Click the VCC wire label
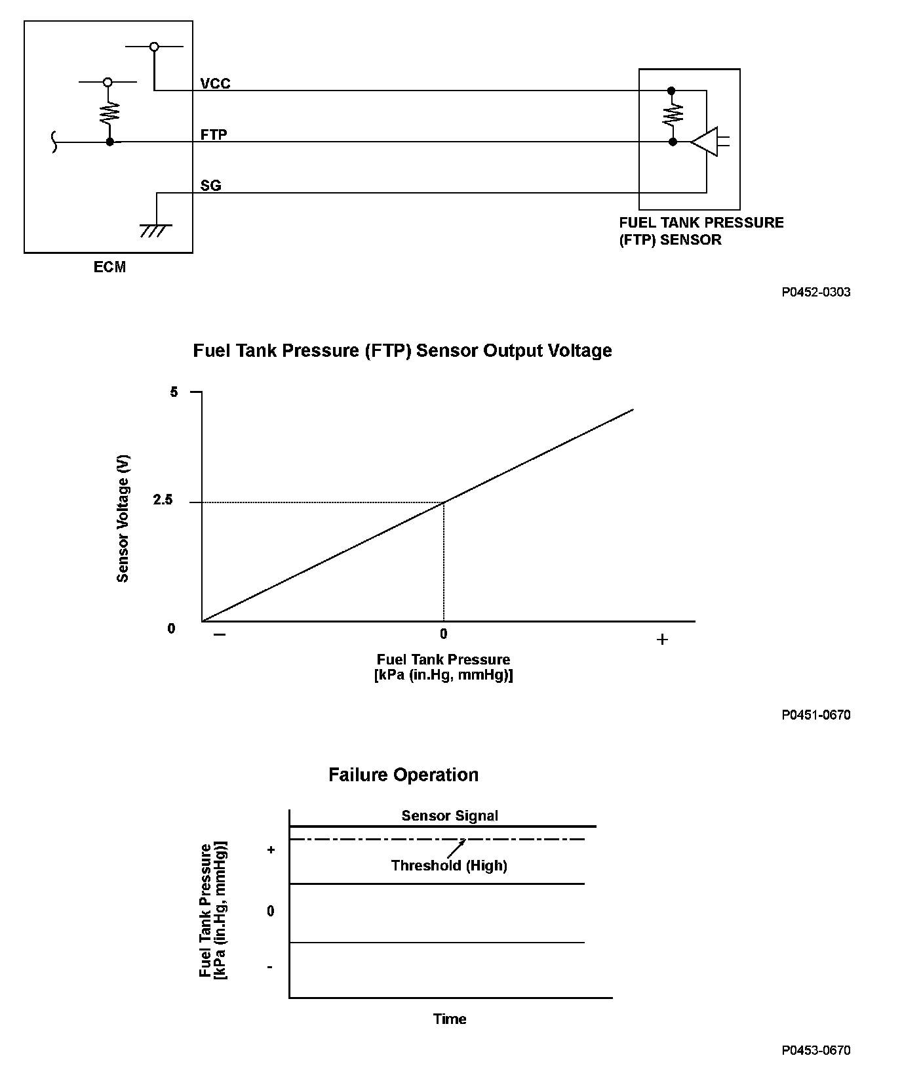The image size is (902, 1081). point(215,84)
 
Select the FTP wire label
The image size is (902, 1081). point(214,134)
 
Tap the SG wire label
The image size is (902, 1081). point(210,186)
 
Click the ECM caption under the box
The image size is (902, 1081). point(109,267)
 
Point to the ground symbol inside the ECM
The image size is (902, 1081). point(156,229)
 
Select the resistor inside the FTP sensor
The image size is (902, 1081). point(673,115)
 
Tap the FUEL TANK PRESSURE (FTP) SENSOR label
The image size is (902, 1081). point(701,231)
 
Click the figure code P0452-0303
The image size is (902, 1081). point(815,292)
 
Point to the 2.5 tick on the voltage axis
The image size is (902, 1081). point(163,500)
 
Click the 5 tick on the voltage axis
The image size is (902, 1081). point(174,392)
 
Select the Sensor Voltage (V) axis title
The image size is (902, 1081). point(123,518)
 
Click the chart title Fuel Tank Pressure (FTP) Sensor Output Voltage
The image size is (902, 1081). point(402,351)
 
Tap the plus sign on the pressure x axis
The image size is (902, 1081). point(662,639)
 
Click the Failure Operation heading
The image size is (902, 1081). point(403,775)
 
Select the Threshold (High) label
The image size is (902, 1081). point(449,865)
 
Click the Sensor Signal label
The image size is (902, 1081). point(450,815)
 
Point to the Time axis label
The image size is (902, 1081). point(450,1019)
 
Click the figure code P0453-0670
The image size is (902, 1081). point(815,1050)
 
